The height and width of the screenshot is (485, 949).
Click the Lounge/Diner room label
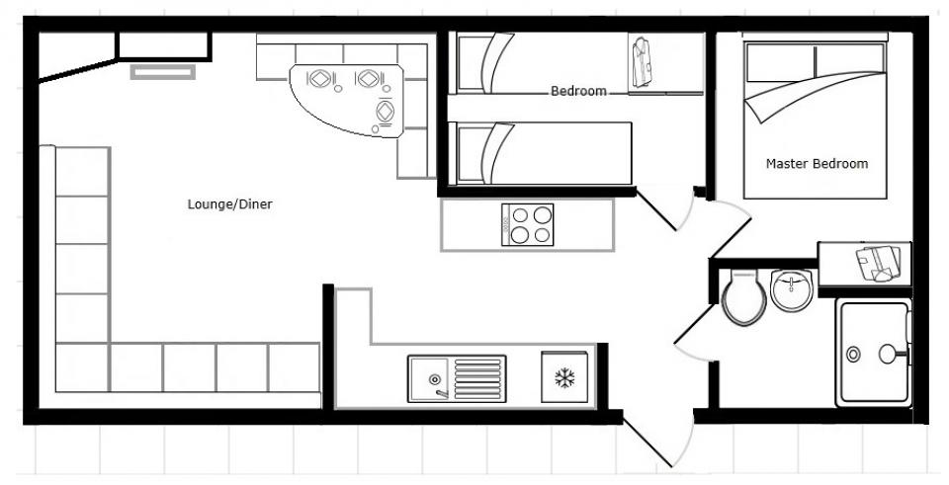[230, 204]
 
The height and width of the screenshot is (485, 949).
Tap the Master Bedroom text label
[817, 163]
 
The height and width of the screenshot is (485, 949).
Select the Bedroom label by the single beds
[578, 91]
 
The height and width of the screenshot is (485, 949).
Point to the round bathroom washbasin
[791, 290]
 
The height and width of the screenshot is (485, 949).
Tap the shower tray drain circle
[853, 355]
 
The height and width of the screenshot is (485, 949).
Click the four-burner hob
[527, 224]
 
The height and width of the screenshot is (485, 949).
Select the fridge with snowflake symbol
[564, 376]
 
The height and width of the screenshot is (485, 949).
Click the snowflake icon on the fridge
[564, 378]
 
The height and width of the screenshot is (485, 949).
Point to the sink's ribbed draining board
[478, 378]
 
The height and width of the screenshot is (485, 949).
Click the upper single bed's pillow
[474, 62]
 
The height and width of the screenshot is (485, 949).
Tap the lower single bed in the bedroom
[541, 153]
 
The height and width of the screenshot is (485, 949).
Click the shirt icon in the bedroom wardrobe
[641, 61]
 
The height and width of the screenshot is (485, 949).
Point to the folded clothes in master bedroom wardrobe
[878, 263]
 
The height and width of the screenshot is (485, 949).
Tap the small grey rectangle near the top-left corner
[163, 72]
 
